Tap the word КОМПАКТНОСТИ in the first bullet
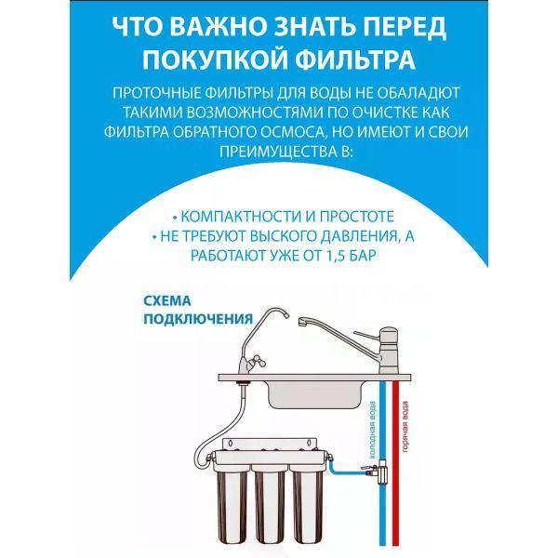237,214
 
